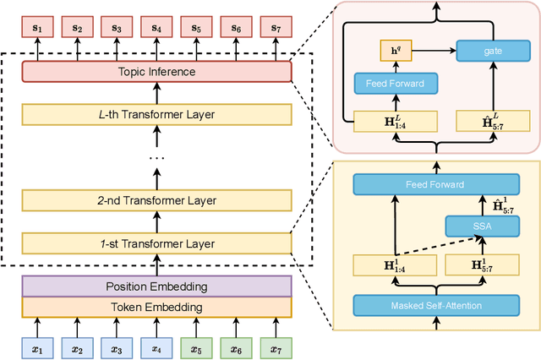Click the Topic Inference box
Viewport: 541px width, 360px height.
tap(156, 72)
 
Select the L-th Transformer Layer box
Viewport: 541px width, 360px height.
tap(156, 114)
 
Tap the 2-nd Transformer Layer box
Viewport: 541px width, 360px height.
tap(156, 200)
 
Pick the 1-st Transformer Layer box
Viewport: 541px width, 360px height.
tap(156, 243)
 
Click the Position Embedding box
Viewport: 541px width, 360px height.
tap(156, 286)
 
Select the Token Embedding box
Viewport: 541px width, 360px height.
tap(156, 307)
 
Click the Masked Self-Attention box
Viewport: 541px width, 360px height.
tap(435, 304)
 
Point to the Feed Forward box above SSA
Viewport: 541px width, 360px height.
tap(435, 183)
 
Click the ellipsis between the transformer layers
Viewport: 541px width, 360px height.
tap(156, 158)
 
